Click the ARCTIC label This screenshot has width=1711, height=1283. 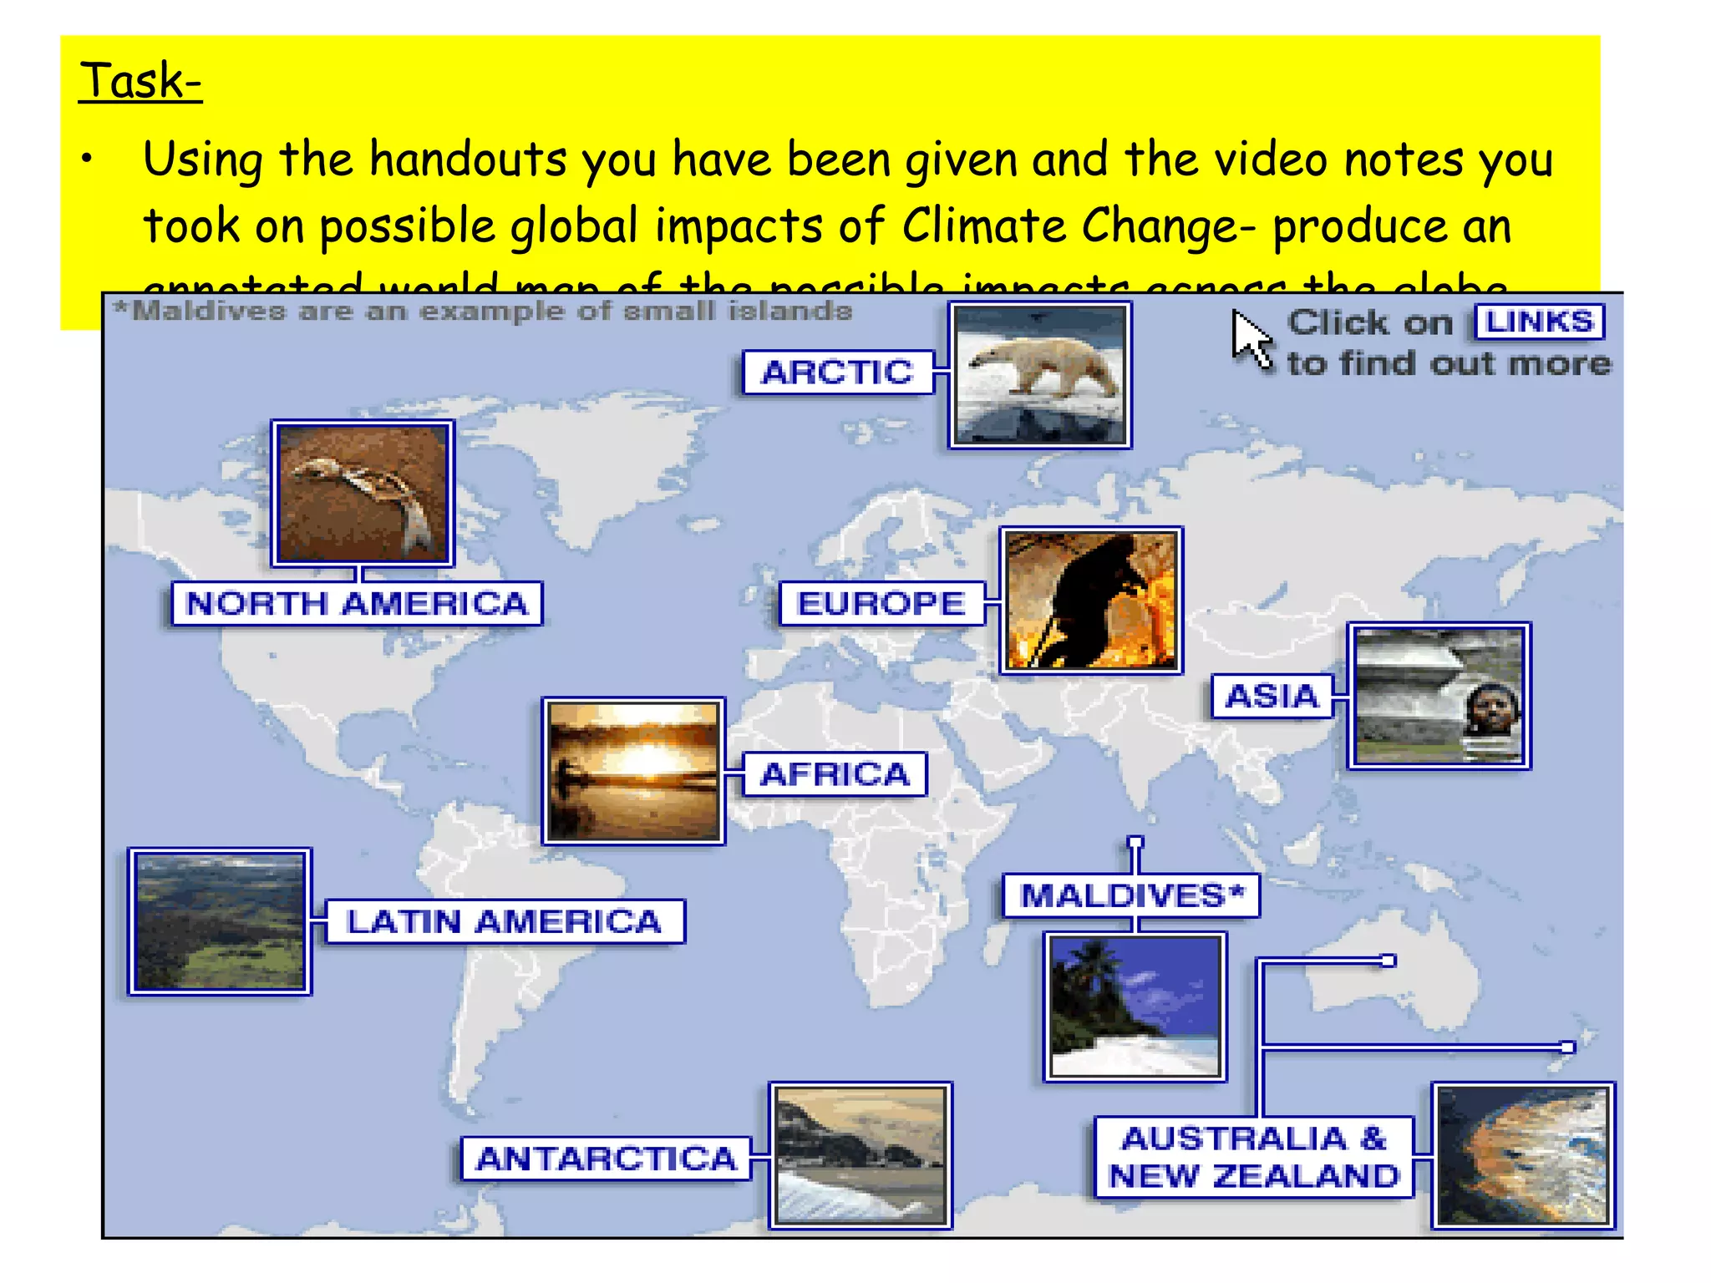tap(837, 373)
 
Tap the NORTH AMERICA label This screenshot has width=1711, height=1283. tap(357, 604)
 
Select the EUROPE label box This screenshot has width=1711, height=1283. tap(881, 604)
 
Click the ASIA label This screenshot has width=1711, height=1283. tap(1272, 697)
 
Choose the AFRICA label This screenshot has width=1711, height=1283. tap(835, 774)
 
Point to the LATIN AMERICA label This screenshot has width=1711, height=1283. tap(505, 922)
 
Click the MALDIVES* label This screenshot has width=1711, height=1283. tap(1131, 896)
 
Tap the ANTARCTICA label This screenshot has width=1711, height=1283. tap(606, 1159)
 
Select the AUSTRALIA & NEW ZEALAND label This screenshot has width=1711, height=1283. tap(1253, 1158)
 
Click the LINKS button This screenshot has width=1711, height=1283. tap(1540, 322)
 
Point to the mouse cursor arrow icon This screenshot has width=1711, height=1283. tap(1250, 338)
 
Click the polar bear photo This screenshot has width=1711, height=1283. tap(1040, 375)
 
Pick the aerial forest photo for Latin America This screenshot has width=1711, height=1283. tap(220, 922)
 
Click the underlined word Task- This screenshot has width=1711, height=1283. tap(140, 81)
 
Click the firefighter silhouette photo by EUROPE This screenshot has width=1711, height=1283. tap(1091, 601)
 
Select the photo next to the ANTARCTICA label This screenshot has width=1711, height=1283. tap(861, 1156)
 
